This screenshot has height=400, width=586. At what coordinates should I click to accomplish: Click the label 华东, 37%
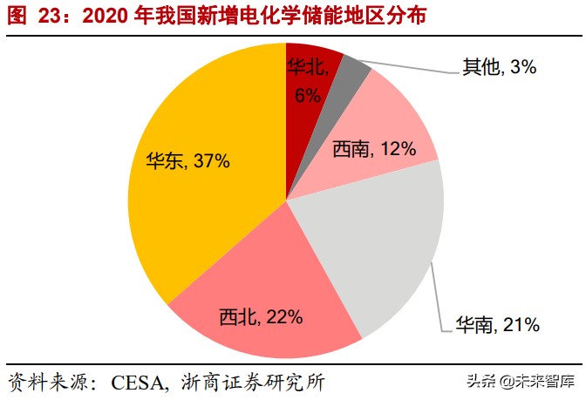coord(187,160)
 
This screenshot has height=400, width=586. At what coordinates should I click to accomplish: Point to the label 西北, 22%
coord(261,316)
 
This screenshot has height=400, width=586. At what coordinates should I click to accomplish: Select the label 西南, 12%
coord(373,149)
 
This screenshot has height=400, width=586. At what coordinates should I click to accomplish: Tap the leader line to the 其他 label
coord(410,66)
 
